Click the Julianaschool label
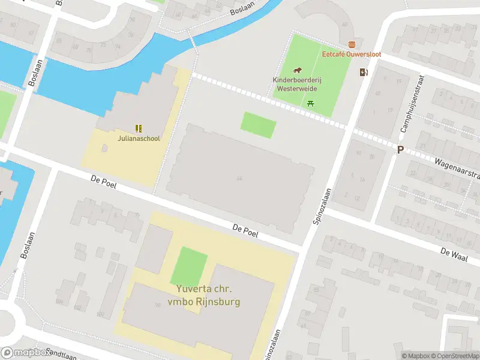pos(139,139)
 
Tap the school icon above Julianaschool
pos(139,128)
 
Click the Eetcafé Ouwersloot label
pos(352,54)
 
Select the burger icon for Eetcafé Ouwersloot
pos(352,44)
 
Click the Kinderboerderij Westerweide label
pos(296,84)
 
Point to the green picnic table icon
pos(310,103)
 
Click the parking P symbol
pos(400,150)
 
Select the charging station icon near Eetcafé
pos(364,73)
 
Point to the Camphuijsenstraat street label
pos(413,105)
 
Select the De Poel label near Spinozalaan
pos(245,230)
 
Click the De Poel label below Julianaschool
pos(103,182)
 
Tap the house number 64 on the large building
pos(239,178)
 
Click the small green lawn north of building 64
pos(259,125)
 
